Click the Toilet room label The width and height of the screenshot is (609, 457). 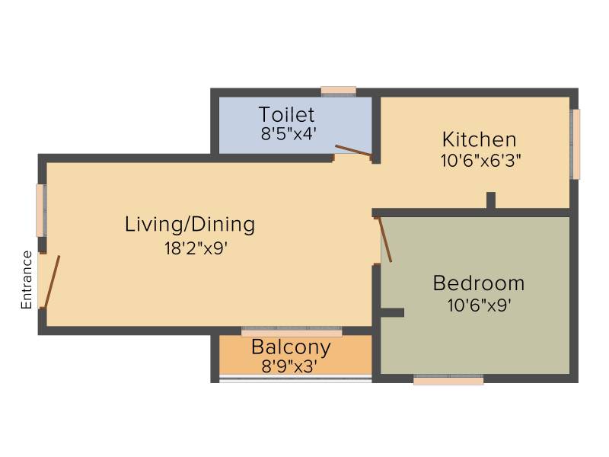tap(287, 114)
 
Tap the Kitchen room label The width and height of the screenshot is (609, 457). tap(480, 139)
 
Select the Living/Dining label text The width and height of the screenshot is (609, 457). tap(190, 225)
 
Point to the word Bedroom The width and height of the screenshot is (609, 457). tap(479, 283)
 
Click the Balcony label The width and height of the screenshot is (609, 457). tap(291, 347)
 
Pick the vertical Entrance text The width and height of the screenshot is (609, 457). tap(27, 280)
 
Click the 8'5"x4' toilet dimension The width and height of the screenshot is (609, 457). tap(287, 134)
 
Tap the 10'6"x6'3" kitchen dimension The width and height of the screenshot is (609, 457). tap(480, 161)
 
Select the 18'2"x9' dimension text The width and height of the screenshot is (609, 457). tap(196, 248)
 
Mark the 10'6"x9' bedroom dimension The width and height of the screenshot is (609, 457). tap(479, 305)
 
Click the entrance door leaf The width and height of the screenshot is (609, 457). tap(52, 282)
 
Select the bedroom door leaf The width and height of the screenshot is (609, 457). tap(385, 239)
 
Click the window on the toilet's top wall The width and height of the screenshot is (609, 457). tap(339, 91)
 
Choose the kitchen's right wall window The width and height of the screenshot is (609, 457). tap(576, 144)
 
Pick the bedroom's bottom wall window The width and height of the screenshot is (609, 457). tap(448, 379)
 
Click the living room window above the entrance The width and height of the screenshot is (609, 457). tap(41, 210)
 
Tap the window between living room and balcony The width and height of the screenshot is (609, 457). tap(292, 331)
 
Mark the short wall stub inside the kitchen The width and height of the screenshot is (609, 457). tap(491, 200)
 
